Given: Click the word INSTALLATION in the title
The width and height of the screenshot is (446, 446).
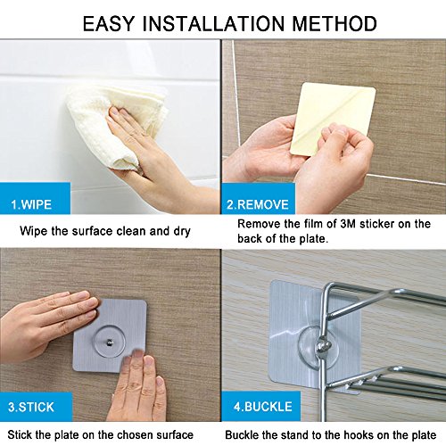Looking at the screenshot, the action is pos(213,23).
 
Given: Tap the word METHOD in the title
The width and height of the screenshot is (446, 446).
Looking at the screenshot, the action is pos(334,23).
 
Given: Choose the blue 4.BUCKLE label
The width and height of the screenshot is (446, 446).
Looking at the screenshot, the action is pos(262,407).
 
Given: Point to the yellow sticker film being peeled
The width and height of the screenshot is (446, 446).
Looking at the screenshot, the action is pos(333,119).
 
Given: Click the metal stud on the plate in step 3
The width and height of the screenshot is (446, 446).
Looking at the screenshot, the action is pos(110,342).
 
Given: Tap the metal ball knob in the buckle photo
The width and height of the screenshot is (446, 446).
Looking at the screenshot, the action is pos(324,346).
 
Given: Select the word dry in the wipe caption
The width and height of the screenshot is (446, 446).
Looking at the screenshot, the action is pos(182,232).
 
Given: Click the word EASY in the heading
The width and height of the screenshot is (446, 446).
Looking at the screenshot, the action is pos(108,23).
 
